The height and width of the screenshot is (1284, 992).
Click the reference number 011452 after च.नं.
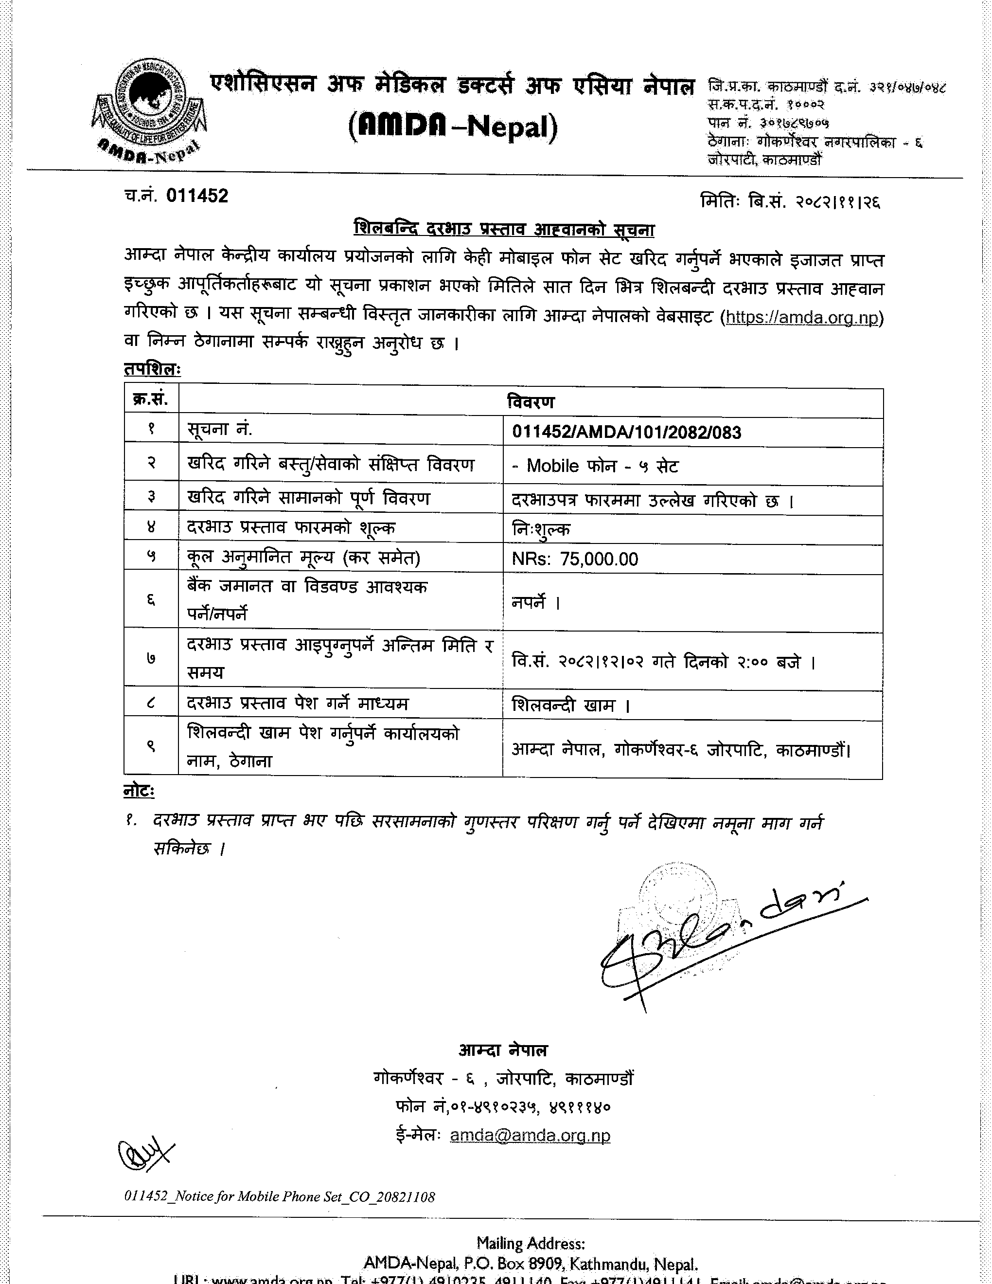(x=197, y=196)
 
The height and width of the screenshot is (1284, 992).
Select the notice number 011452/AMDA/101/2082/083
(x=626, y=433)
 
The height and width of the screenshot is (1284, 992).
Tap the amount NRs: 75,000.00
(x=575, y=559)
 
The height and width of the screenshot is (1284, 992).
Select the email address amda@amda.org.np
(x=530, y=1135)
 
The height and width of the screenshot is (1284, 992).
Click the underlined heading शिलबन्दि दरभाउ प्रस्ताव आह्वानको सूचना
(x=504, y=229)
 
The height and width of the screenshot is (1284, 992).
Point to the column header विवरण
(x=531, y=402)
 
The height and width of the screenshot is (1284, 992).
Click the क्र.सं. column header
(x=151, y=400)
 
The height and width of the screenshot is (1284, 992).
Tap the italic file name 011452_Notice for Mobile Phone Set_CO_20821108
(x=280, y=1196)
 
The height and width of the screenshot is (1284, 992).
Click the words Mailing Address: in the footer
(x=530, y=1244)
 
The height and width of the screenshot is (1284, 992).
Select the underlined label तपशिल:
(x=152, y=369)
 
